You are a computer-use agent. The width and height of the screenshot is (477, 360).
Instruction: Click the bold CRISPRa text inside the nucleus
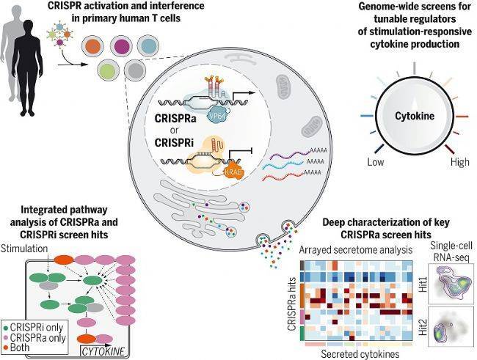pyautogui.click(x=181, y=118)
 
